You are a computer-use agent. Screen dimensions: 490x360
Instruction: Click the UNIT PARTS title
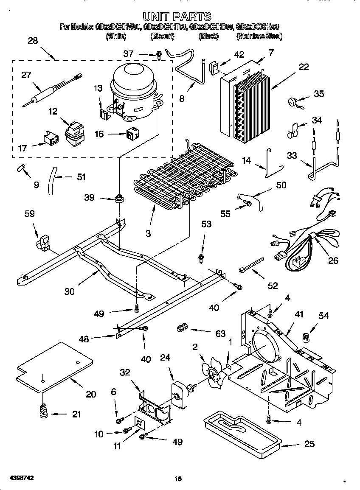tap(177, 17)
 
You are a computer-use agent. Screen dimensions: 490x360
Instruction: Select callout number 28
tap(32, 41)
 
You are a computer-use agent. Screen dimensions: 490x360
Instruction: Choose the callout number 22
tap(303, 67)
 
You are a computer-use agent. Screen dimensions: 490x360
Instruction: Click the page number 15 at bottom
tap(178, 479)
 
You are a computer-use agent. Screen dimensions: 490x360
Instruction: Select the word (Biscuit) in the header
tap(162, 36)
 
